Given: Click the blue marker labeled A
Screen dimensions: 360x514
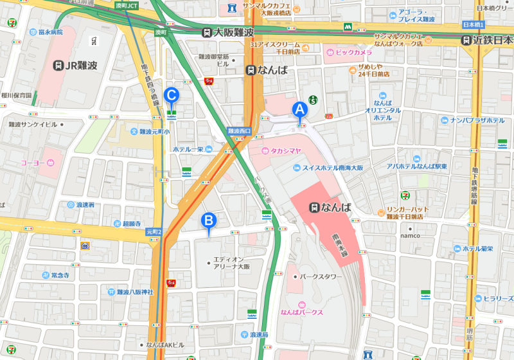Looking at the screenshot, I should [x=299, y=110].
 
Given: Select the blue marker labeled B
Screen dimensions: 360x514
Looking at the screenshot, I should [x=208, y=221].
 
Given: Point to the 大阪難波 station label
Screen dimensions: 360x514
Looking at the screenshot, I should [x=228, y=32].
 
